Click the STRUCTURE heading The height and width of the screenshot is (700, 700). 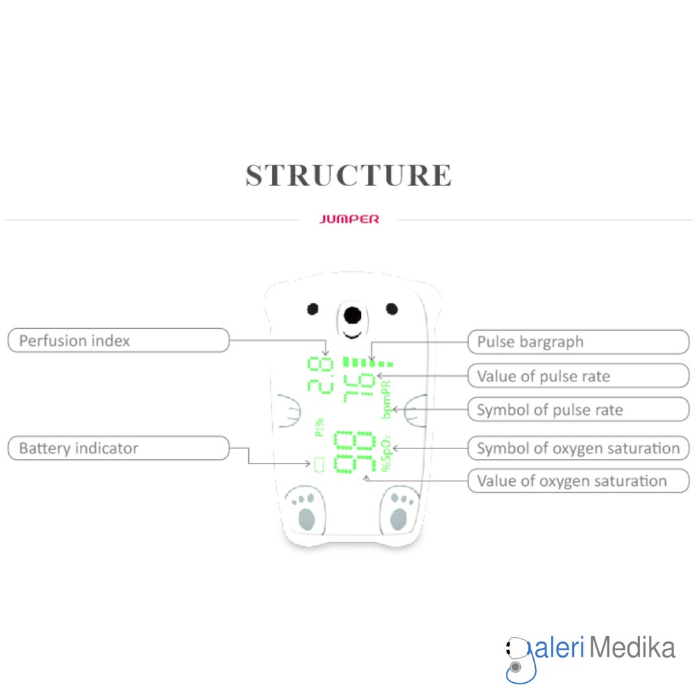[349, 175]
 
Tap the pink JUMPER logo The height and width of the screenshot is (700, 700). [349, 219]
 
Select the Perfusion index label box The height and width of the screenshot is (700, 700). [118, 340]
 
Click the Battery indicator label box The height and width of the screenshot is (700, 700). [118, 448]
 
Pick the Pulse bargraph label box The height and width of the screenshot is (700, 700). [578, 342]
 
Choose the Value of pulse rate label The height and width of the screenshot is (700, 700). [578, 376]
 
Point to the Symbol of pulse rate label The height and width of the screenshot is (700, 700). [578, 410]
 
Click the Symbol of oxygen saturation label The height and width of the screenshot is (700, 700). [578, 448]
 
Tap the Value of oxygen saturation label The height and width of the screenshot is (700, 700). [578, 481]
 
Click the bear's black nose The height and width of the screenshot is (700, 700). [352, 315]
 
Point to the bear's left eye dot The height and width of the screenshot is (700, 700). [312, 309]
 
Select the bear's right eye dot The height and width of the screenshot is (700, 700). [392, 309]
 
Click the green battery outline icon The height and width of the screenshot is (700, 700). [318, 466]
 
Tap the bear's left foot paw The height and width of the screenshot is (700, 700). [305, 510]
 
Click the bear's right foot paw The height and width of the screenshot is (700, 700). [399, 510]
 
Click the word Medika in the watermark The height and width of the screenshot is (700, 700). [632, 647]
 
